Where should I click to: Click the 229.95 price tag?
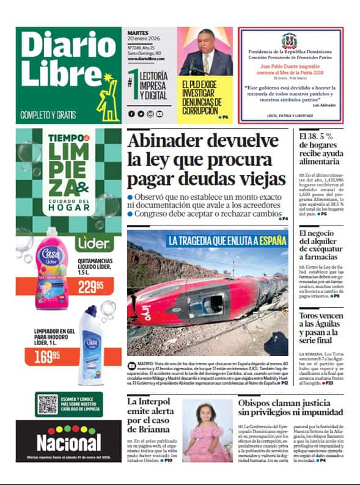click(90, 285)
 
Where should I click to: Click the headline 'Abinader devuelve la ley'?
click(207, 159)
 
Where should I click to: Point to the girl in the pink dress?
click(208, 431)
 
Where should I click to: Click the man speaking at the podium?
click(206, 55)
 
